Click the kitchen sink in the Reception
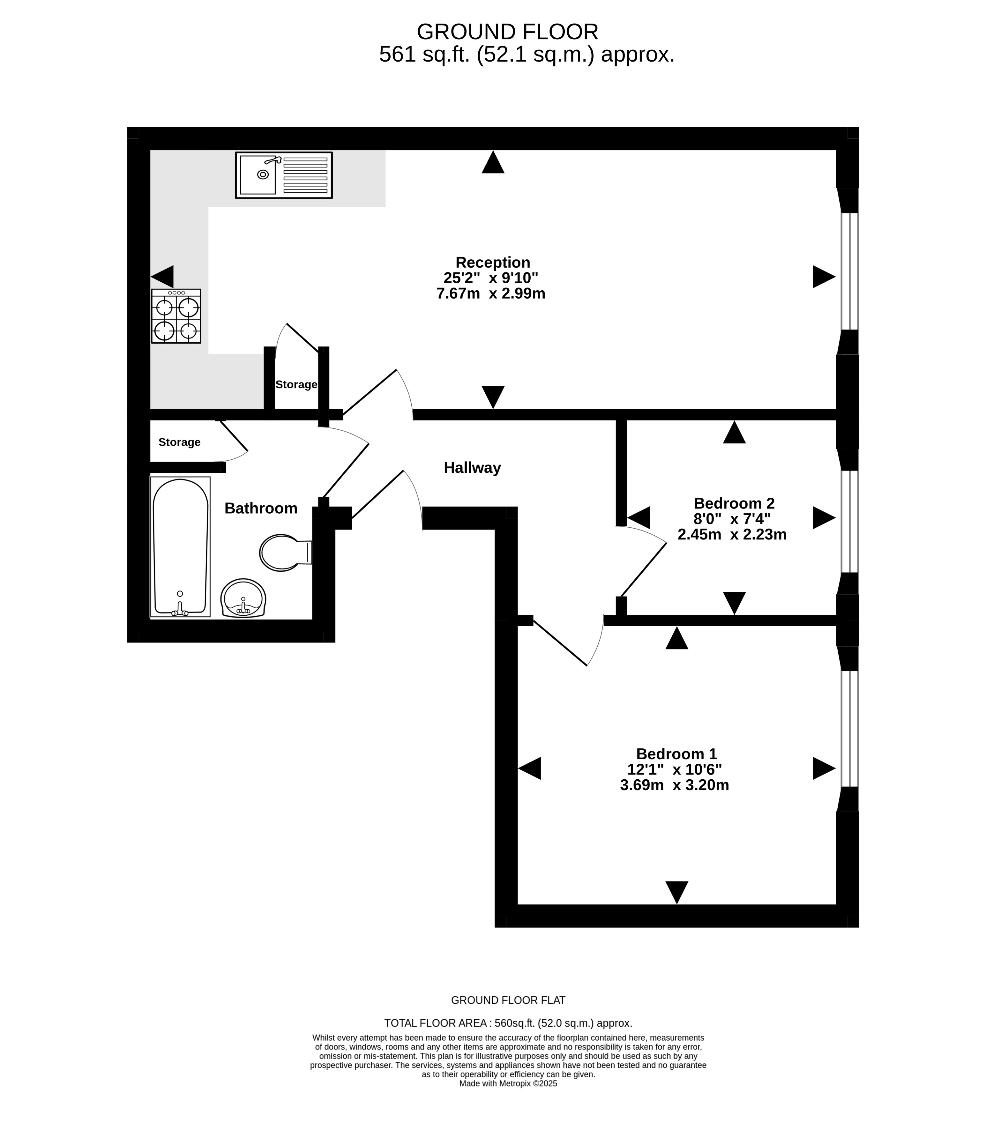pos(284,175)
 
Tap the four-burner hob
pos(176,316)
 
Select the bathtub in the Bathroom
pos(180,547)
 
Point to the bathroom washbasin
pos(243,598)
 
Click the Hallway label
pos(472,468)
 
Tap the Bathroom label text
pos(261,508)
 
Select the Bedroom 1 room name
pos(676,753)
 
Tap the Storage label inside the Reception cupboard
pos(296,384)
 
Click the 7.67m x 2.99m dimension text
pos(491,293)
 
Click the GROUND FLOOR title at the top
pos(508,32)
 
